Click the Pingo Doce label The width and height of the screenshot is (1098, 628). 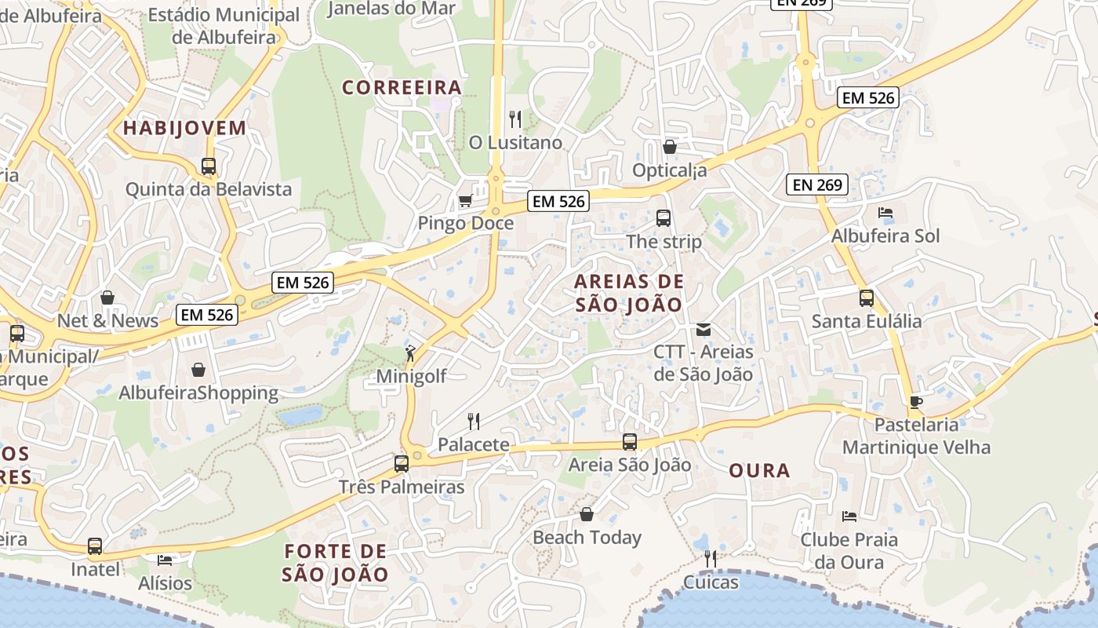(x=465, y=223)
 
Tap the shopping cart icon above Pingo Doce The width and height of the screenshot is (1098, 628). (x=465, y=200)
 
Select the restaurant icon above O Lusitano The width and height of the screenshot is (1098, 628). (x=515, y=119)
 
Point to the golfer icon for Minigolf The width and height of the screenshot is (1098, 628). (x=410, y=352)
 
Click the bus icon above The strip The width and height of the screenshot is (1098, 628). (x=664, y=217)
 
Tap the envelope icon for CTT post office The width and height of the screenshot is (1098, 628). (x=704, y=329)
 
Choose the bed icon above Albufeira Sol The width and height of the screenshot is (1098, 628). (x=885, y=213)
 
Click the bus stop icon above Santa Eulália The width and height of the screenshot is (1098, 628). (x=867, y=298)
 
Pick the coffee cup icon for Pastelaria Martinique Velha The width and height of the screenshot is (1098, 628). (x=915, y=402)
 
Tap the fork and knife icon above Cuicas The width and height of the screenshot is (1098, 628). (x=711, y=558)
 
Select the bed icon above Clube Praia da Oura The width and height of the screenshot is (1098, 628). (x=849, y=516)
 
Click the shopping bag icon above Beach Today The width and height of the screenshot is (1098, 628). (x=587, y=514)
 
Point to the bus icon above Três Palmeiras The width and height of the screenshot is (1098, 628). (x=402, y=463)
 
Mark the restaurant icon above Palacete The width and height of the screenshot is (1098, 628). (x=474, y=422)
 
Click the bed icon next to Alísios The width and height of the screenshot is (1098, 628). (x=165, y=560)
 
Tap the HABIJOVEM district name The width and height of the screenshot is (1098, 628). (x=184, y=128)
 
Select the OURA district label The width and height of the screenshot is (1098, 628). (x=759, y=471)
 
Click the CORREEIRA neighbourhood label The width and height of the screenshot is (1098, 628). (x=402, y=87)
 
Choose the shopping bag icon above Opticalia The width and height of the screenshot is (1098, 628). (x=670, y=147)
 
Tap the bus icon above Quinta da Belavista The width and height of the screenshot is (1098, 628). (x=209, y=166)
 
